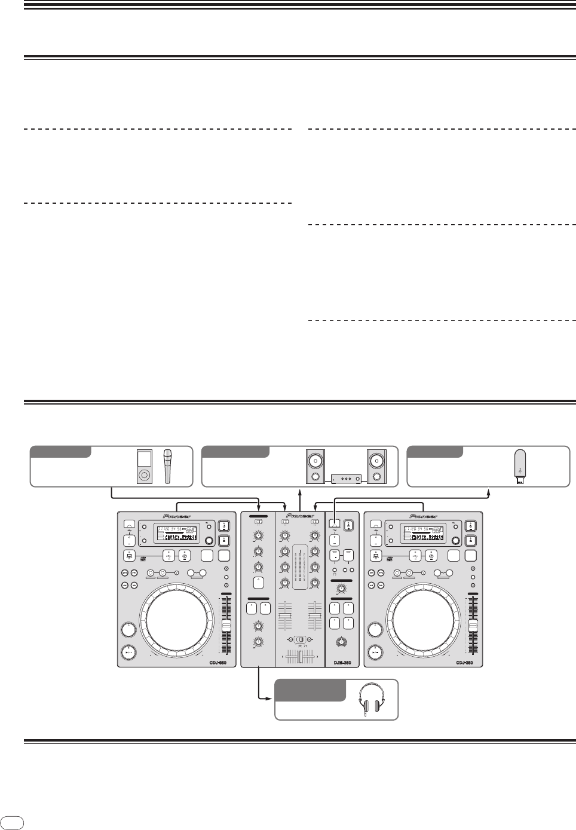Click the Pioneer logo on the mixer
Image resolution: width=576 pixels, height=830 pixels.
(x=300, y=514)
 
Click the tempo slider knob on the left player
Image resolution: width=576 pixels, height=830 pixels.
(x=226, y=626)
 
